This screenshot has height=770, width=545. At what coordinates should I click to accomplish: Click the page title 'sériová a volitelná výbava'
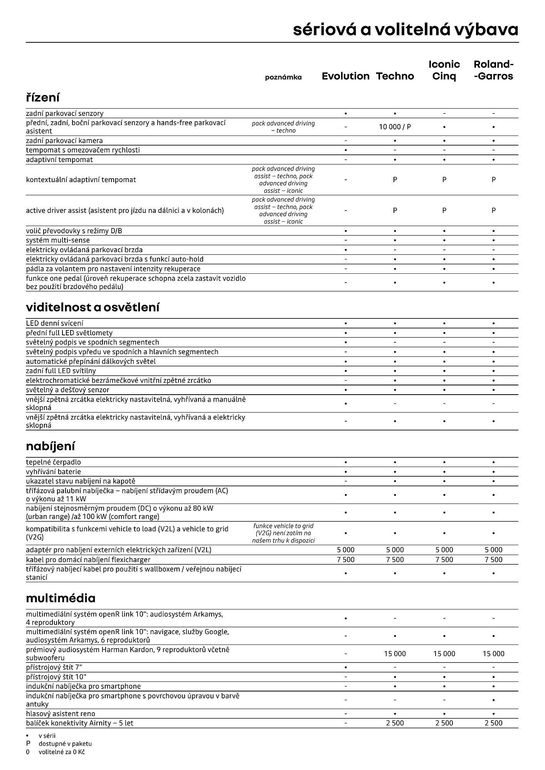point(405,30)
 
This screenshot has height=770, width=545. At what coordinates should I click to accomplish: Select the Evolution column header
point(345,76)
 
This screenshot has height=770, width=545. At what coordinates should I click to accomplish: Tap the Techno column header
point(395,76)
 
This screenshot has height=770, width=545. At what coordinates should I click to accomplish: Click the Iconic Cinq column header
point(444,70)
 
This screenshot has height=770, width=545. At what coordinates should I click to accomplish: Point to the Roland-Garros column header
point(493,70)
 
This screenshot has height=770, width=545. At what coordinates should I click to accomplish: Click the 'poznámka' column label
point(283,77)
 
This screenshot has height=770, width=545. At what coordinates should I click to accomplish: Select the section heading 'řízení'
point(43,98)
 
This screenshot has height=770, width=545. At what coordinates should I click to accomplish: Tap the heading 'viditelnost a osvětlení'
point(93,308)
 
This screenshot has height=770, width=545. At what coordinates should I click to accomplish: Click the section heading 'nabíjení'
point(50,447)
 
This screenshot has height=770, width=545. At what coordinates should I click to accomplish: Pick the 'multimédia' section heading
point(61,598)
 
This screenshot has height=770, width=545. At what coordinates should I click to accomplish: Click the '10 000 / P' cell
point(395,127)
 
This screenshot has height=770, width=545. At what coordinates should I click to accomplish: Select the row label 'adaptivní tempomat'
point(59,160)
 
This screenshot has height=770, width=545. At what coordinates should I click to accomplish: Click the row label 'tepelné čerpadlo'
point(53,462)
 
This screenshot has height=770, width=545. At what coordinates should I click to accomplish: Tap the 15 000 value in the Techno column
point(395,654)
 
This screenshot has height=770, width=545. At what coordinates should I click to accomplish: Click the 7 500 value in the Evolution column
point(345,560)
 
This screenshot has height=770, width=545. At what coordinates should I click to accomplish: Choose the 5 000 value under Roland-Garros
point(493,550)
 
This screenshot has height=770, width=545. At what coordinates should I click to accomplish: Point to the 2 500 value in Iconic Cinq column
point(444,723)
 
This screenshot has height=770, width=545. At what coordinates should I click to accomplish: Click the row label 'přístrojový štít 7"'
point(54,667)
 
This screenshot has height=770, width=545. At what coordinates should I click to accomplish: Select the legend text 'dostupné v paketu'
point(65,744)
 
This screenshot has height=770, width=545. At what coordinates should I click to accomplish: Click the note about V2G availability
point(283,533)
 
